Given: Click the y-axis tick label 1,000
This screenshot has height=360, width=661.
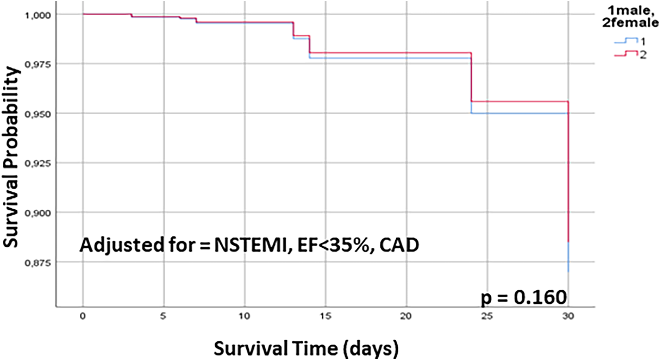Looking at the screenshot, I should tap(37, 15).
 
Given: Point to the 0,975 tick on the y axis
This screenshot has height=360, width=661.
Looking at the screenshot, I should tap(37, 64).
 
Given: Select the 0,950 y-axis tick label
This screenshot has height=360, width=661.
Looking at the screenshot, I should tap(37, 114).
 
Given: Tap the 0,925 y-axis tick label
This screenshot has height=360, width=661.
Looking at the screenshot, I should tap(37, 164).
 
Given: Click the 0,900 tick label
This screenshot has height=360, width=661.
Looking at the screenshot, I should tap(37, 213).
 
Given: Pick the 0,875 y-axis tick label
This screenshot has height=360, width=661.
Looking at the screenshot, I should tap(37, 263).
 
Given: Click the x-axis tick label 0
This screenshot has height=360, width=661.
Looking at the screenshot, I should tap(83, 316).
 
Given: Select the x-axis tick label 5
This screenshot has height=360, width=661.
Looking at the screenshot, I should tap(163, 316).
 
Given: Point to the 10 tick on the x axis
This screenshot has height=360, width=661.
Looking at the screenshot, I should tap(244, 316).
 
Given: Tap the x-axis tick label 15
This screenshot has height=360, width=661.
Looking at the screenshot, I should tap(325, 316).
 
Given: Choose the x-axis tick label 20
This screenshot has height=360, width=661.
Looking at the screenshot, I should tap(406, 316).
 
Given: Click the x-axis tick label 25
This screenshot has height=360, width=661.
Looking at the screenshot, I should tap(487, 316).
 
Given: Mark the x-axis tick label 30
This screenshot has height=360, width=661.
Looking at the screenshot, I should tap(568, 316).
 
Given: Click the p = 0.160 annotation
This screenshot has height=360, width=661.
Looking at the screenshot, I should tap(524, 298).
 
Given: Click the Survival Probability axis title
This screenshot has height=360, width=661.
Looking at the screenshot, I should tap(11, 157).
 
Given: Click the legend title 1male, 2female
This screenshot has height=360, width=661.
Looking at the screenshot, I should tap(630, 17).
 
